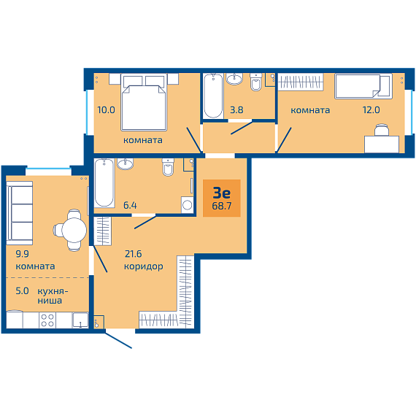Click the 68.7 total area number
[222, 206]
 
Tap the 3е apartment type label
[222, 193]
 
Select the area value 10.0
[106, 109]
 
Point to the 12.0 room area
[371, 109]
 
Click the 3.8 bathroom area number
[236, 109]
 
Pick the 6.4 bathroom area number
[130, 205]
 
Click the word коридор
[144, 266]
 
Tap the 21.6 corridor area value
[133, 254]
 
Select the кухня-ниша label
[53, 296]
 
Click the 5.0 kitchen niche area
[22, 290]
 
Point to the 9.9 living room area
[23, 254]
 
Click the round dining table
[74, 230]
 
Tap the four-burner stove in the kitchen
[47, 320]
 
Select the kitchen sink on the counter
[80, 320]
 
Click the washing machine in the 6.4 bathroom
[188, 205]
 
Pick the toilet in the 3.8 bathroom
[256, 82]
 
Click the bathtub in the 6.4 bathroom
[104, 182]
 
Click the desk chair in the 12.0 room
[382, 131]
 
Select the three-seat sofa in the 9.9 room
[20, 213]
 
